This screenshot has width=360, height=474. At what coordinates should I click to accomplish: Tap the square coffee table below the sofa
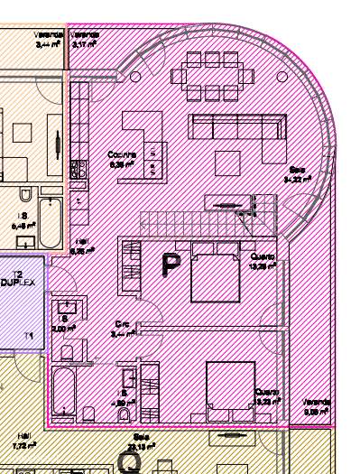coord(227,162)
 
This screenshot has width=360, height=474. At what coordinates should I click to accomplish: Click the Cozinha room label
coord(121,159)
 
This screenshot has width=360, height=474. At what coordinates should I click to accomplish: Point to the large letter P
coord(170,265)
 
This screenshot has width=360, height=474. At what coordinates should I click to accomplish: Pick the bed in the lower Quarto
coord(229,390)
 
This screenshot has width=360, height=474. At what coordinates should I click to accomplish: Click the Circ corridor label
coord(122,328)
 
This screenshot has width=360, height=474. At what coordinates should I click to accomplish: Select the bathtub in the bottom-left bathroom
coord(63,390)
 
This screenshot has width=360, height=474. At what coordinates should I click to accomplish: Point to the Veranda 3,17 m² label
coord(88,39)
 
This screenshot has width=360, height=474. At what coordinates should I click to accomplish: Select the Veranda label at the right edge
coord(316,406)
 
